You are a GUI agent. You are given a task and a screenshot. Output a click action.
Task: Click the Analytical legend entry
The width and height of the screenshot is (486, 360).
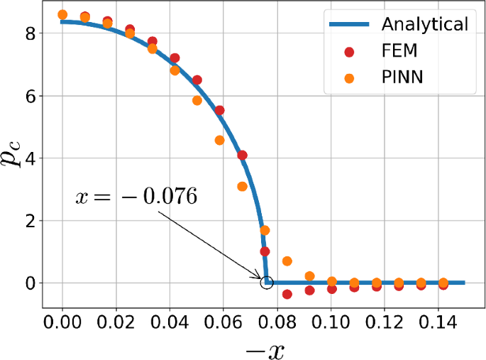pyautogui.click(x=424, y=24)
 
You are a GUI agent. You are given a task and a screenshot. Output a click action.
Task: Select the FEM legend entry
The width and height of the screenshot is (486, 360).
pyautogui.click(x=402, y=51)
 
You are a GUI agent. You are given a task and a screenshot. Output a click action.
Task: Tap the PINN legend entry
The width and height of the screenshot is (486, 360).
pyautogui.click(x=402, y=78)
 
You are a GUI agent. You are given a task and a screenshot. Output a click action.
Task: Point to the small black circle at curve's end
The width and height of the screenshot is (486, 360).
pyautogui.click(x=267, y=283)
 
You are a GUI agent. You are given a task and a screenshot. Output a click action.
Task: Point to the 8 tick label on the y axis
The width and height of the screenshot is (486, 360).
pyautogui.click(x=30, y=33)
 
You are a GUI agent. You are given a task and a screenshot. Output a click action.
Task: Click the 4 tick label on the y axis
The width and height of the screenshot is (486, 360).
pyautogui.click(x=30, y=158)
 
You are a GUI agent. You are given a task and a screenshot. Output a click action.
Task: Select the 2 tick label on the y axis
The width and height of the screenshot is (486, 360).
pyautogui.click(x=30, y=220)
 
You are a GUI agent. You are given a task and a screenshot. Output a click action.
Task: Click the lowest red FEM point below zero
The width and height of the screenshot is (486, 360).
pyautogui.click(x=287, y=294)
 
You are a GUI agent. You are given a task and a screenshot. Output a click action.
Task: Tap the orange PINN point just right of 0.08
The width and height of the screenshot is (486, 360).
pyautogui.click(x=287, y=261)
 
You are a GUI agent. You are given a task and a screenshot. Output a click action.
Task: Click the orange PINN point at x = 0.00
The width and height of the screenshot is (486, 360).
pyautogui.click(x=62, y=15)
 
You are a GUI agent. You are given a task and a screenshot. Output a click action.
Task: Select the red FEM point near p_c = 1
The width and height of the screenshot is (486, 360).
pyautogui.click(x=265, y=251)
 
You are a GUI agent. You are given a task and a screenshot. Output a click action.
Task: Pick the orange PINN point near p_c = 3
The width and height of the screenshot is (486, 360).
pyautogui.click(x=242, y=187)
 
